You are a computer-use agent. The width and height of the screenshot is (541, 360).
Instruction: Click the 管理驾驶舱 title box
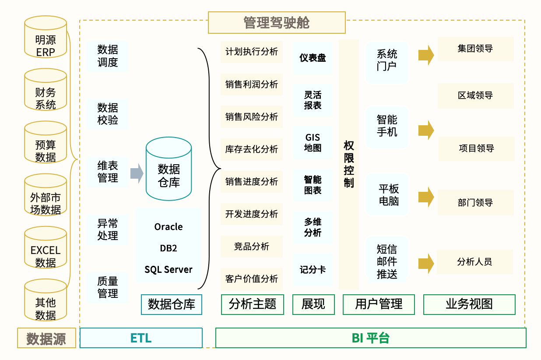coord(276,23)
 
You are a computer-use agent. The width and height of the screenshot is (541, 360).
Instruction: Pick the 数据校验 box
coord(108,114)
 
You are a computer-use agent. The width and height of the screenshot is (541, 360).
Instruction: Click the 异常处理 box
coord(108,229)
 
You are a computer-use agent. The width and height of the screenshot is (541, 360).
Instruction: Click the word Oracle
coord(169,227)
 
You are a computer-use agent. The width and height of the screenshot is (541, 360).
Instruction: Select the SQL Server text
coord(169,269)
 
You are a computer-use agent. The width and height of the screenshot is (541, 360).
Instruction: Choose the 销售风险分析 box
coord(252,117)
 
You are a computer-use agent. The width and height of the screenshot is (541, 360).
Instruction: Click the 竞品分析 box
coord(252,246)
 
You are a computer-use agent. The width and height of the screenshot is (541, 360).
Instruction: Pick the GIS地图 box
coord(313,143)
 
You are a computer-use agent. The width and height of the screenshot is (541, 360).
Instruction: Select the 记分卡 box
coord(313,270)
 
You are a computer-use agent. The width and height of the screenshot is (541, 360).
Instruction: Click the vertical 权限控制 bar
coord(349,164)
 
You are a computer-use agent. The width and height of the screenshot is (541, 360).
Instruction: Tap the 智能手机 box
coord(387,126)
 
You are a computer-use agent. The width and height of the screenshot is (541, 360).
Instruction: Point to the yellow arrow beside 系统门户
coord(425,55)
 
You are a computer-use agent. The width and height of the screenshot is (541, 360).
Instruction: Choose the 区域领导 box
coord(475,95)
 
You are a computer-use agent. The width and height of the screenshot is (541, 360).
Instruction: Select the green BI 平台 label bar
coord(370,338)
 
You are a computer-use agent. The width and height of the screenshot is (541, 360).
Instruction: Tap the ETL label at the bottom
coord(141,338)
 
